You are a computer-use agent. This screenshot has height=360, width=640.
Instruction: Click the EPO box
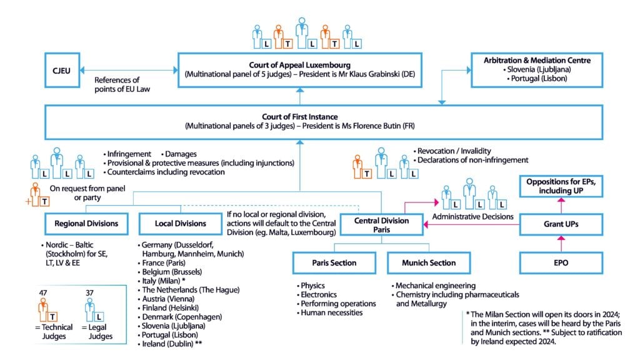561,263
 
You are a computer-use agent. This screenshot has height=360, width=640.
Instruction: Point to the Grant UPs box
561,223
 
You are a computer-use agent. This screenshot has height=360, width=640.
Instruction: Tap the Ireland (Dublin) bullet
169,344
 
